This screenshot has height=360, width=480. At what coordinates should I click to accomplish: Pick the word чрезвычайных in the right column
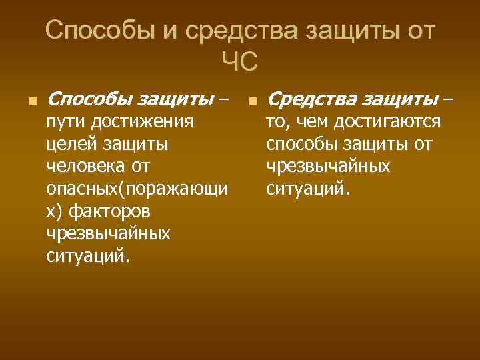(x=328, y=167)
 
